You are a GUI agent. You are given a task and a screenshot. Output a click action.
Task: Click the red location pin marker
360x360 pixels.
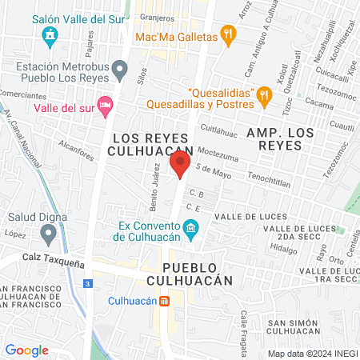180,166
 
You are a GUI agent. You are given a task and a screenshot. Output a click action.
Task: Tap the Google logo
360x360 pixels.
26,350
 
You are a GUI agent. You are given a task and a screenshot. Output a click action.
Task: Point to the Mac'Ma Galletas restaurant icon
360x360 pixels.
230,36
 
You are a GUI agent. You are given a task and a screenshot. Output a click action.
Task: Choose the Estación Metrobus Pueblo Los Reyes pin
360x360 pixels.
120,70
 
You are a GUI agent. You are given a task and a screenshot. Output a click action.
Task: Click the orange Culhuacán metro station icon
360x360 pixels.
164,302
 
